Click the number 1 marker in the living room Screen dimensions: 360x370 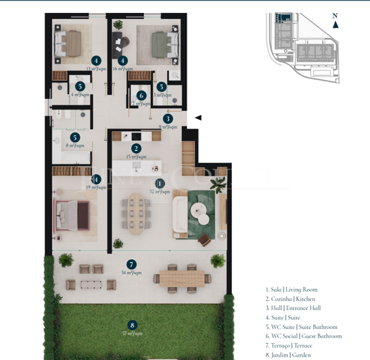tap(160, 183)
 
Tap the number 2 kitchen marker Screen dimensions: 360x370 tap(136, 148)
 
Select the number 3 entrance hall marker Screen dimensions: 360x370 tap(168, 118)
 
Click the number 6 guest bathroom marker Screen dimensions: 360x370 tap(141, 95)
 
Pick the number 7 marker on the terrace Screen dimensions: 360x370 tap(131, 265)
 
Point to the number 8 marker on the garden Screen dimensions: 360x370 tap(132, 325)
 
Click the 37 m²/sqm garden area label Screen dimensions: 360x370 tap(132, 334)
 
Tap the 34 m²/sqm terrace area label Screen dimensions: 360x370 tap(131, 273)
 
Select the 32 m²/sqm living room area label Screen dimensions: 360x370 tap(160, 192)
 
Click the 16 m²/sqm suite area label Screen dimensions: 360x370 tap(123, 68)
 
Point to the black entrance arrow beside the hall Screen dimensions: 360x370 tap(198, 118)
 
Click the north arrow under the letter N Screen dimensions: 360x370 tap(336, 25)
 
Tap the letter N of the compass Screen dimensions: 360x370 tap(335, 16)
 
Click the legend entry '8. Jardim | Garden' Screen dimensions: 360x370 tap(288, 354)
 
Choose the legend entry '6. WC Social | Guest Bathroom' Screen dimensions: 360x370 tap(303, 336)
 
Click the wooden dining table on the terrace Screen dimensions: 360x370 tap(182, 277)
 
